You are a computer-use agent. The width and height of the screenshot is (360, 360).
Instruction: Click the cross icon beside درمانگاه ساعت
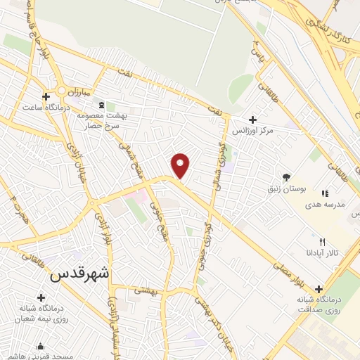[x=46, y=96]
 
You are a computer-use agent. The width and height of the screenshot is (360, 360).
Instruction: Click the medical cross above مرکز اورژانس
[x=253, y=119]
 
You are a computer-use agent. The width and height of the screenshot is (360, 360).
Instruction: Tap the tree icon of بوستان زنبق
[x=285, y=177]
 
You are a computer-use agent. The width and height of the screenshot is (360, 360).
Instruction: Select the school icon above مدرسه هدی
[x=324, y=193]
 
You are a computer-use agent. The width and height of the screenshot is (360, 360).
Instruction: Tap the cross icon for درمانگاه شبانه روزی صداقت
[x=320, y=288]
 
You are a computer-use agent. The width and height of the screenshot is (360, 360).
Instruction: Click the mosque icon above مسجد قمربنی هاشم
[x=41, y=346]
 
